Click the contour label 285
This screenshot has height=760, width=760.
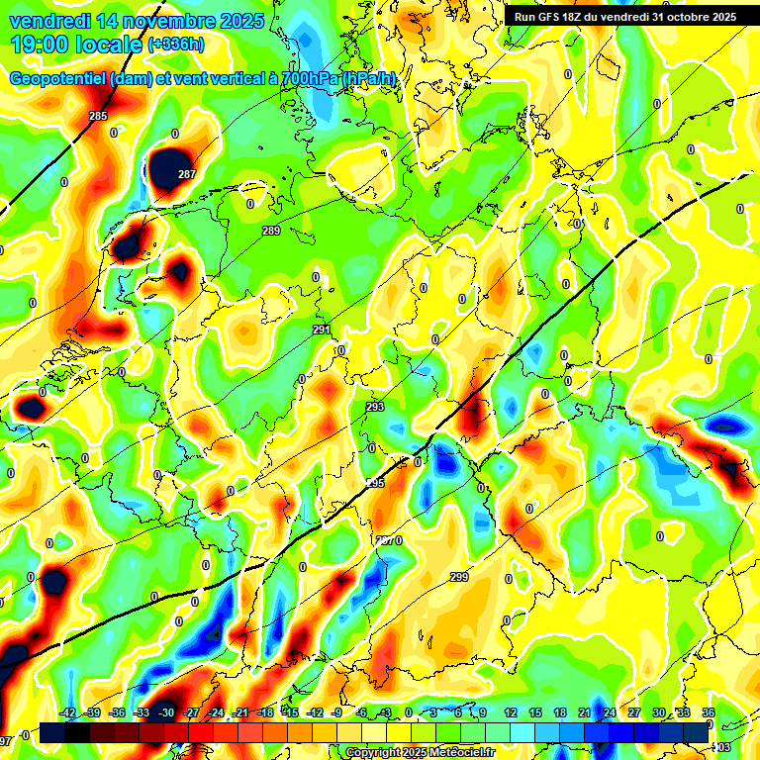[98, 117]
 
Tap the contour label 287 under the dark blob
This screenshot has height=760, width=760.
[187, 175]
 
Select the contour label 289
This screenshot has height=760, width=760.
[271, 231]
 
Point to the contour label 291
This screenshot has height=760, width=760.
[322, 330]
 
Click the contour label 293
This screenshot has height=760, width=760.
[375, 407]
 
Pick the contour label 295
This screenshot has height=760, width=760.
[375, 483]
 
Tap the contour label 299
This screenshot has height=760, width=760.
[459, 577]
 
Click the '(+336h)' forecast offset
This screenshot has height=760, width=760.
[175, 45]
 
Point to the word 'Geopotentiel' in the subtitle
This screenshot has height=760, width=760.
[59, 79]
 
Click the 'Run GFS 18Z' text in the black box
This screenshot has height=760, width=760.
[560, 17]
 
